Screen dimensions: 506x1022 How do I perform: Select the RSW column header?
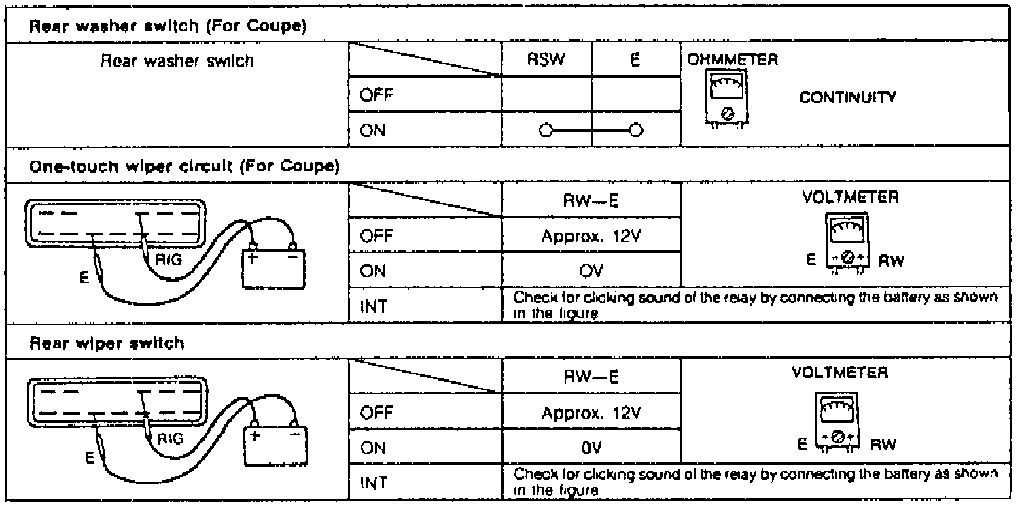click(546, 61)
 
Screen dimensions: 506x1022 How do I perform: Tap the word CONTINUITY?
click(849, 97)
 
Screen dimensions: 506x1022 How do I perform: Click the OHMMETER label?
click(733, 58)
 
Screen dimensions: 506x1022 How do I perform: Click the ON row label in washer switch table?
click(373, 131)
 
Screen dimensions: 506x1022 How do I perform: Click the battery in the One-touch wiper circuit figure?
click(275, 267)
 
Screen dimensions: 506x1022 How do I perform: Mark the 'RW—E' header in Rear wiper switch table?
click(591, 374)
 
